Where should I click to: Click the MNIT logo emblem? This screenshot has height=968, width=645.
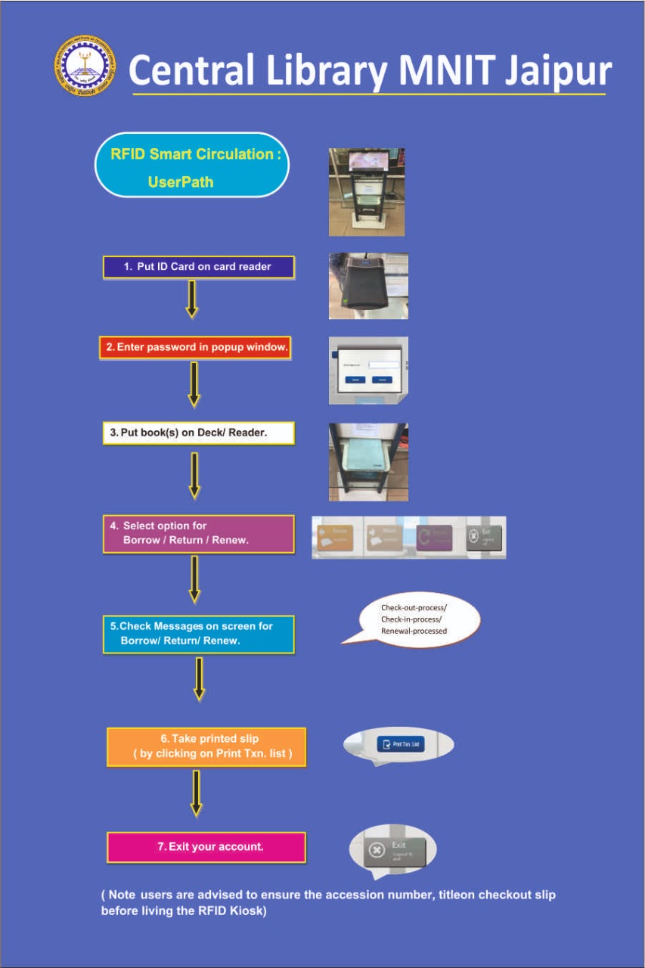click(85, 66)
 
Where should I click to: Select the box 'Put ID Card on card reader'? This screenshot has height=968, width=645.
click(198, 267)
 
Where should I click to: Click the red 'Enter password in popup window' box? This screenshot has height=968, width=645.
click(195, 347)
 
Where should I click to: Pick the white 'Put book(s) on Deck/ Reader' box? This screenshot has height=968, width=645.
click(198, 433)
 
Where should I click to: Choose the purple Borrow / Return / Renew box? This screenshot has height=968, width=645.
click(198, 534)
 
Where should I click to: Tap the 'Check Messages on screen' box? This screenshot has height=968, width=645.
click(198, 634)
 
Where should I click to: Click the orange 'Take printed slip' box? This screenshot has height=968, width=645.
click(206, 746)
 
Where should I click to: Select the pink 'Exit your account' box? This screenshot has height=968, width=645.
click(206, 847)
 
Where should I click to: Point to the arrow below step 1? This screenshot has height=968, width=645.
click(192, 299)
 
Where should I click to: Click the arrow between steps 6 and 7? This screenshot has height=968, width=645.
click(196, 793)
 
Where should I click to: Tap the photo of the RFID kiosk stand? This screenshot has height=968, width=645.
click(366, 192)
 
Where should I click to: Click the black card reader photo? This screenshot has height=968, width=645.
click(368, 286)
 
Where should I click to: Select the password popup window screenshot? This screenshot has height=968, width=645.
click(368, 371)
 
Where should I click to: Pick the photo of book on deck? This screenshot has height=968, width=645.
click(368, 461)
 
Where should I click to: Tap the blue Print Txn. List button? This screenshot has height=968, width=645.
click(401, 745)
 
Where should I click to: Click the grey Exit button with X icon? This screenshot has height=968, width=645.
click(393, 850)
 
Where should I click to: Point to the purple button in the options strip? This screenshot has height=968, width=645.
click(434, 538)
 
